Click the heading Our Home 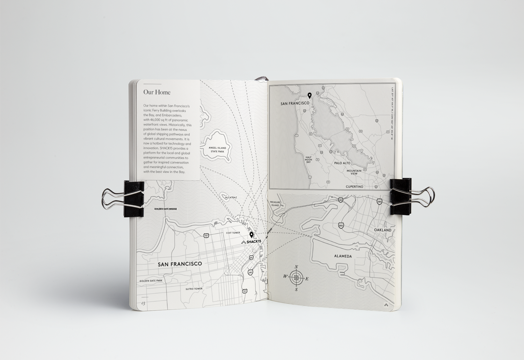(x=157, y=92)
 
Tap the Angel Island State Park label (x=217, y=149)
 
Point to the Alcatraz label (x=231, y=198)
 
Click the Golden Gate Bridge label (x=166, y=209)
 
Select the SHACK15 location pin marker (x=251, y=235)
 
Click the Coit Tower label (x=233, y=233)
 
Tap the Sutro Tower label (x=194, y=289)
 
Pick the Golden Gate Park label (x=151, y=281)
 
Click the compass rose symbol (x=296, y=278)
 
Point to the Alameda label (x=343, y=256)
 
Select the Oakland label (x=383, y=230)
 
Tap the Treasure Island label (x=275, y=204)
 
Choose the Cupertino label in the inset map (x=354, y=187)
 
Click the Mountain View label (x=354, y=172)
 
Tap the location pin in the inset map (x=309, y=95)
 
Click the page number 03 (x=143, y=303)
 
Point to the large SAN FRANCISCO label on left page (x=180, y=264)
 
